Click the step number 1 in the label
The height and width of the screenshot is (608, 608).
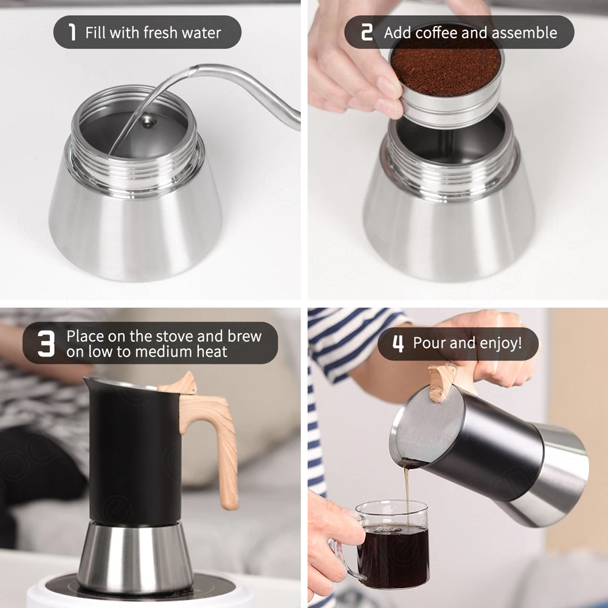tap(72, 32)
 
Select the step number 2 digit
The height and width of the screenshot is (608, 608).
tap(367, 32)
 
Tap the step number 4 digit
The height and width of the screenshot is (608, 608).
tap(398, 344)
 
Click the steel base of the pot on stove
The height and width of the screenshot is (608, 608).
tap(135, 556)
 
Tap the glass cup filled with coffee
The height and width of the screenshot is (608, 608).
tap(392, 547)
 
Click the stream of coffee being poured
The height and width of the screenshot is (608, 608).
tap(406, 492)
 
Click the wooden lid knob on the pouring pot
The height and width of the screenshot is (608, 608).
tap(443, 381)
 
